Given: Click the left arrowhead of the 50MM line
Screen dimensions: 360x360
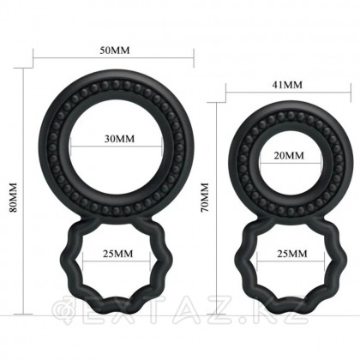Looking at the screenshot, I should (x=35, y=60).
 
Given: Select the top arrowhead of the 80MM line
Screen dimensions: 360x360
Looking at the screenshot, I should (x=22, y=68).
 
